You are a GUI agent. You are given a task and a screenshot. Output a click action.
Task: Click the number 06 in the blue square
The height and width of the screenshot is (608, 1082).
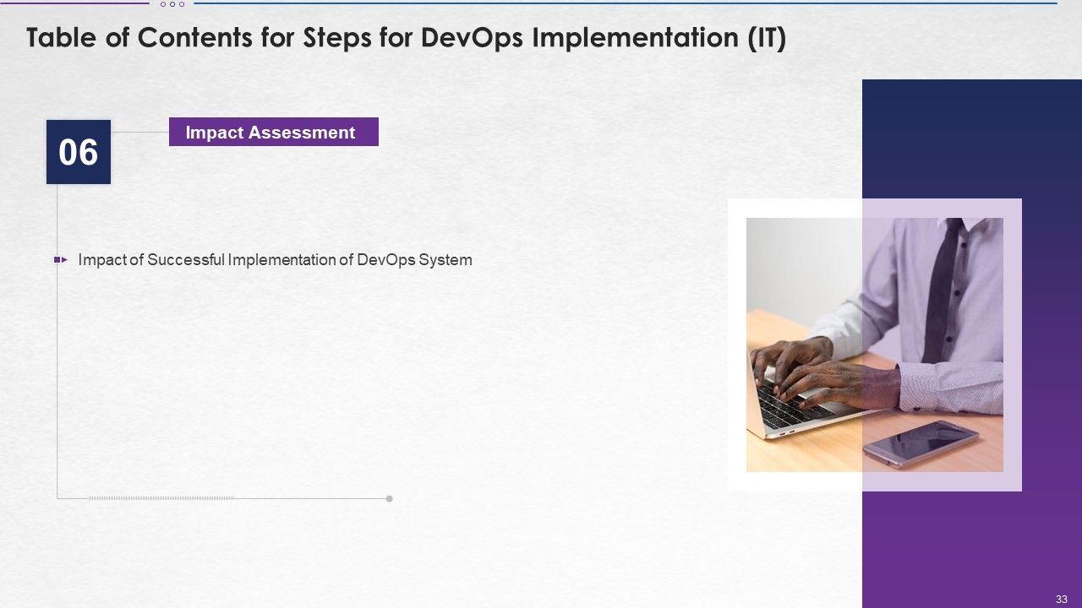[79, 152]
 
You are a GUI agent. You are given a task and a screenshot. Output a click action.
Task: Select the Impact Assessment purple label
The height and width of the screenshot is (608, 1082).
[273, 132]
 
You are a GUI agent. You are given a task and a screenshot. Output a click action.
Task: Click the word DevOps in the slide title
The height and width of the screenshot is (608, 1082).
[472, 38]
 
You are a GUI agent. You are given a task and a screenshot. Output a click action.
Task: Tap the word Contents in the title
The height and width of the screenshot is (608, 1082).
[194, 38]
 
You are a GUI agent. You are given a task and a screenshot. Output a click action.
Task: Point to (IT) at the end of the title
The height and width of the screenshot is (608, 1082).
[767, 38]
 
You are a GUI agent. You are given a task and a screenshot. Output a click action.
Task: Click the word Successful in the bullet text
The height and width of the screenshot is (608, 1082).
[186, 259]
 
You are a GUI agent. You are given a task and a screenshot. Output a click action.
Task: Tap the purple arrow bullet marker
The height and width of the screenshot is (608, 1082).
[60, 259]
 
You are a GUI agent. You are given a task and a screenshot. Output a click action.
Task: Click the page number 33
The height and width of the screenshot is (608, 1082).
[1061, 599]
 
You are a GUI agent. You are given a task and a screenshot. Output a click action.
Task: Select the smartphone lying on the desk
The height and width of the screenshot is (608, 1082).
[921, 443]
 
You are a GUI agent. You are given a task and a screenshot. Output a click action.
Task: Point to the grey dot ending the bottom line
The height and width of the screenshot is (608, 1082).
[390, 498]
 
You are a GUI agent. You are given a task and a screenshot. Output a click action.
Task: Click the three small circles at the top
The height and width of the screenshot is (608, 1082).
[172, 4]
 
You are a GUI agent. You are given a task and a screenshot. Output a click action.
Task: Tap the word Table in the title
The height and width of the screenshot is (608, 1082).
[62, 38]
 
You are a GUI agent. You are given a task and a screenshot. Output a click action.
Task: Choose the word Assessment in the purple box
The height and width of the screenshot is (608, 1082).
[302, 133]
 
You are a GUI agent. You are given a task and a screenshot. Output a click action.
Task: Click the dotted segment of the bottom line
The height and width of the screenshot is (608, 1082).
[161, 498]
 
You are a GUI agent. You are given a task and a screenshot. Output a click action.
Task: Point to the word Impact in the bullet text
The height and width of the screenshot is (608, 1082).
[102, 260]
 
